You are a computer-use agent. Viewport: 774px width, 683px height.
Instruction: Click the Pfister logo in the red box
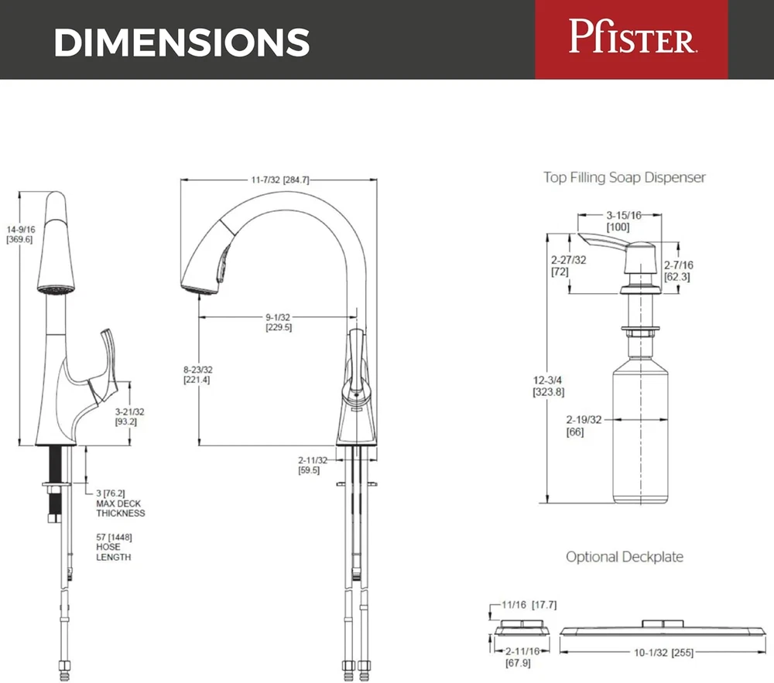[631, 38]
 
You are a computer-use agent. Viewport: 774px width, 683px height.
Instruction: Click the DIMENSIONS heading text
[182, 43]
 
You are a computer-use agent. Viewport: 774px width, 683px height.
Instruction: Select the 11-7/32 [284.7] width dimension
[279, 179]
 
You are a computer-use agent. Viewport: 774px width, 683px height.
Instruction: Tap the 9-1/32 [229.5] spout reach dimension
[279, 322]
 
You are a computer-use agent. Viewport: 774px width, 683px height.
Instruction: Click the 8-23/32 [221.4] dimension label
[197, 374]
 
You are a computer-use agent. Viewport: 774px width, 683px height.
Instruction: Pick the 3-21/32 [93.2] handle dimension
[130, 417]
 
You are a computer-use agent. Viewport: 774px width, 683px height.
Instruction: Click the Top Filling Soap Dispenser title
[625, 178]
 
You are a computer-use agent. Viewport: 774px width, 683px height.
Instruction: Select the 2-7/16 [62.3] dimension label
[679, 270]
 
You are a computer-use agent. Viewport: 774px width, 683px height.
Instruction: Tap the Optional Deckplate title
[625, 557]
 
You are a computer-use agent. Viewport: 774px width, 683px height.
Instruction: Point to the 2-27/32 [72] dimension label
[568, 267]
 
